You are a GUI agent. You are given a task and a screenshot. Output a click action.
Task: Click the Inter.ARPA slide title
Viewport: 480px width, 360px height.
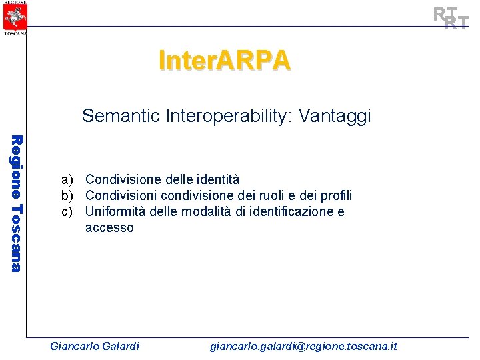[x=225, y=60]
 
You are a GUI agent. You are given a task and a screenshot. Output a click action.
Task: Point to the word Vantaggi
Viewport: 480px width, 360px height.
[x=335, y=117]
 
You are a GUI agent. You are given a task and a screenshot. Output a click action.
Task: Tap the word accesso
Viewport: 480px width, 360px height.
[x=109, y=227]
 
